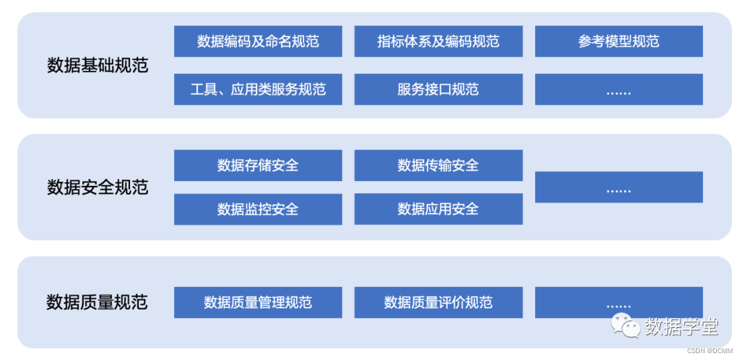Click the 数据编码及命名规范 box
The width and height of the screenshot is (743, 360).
(258, 41)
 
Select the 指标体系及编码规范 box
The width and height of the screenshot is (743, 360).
(438, 41)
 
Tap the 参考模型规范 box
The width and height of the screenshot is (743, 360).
(618, 41)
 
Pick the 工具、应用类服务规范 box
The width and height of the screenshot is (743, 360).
(258, 89)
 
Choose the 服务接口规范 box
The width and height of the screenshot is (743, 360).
(438, 89)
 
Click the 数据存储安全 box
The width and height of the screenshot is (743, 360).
(258, 165)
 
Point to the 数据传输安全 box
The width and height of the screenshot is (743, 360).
(438, 165)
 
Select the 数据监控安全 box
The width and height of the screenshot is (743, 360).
(258, 209)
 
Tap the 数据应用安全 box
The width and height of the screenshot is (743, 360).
(438, 209)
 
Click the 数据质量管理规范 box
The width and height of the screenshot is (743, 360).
(258, 303)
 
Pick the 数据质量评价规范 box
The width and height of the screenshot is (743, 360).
(438, 303)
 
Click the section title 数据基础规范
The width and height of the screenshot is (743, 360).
(98, 65)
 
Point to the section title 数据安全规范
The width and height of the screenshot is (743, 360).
(98, 187)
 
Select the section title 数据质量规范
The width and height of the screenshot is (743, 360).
(97, 302)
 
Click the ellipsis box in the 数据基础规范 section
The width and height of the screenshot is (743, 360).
(618, 89)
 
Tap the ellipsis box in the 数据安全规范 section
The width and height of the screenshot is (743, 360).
(618, 187)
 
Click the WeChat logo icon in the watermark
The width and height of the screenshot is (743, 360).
(626, 325)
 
